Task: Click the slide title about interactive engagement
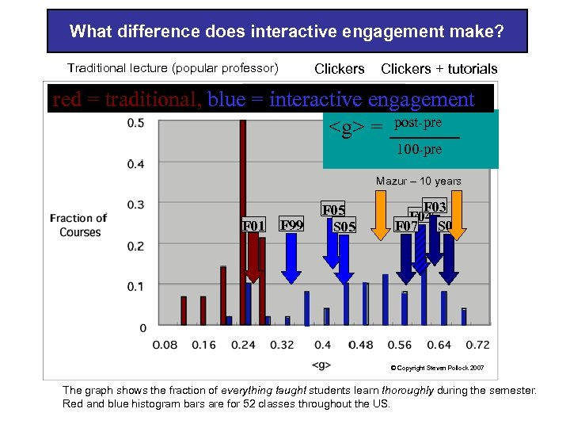[287, 32]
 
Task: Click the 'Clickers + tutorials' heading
[439, 69]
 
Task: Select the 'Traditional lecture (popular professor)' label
[173, 69]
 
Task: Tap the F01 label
[253, 226]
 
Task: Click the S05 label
[344, 227]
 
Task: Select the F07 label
[406, 226]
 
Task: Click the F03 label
[435, 207]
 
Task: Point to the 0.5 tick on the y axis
[135, 123]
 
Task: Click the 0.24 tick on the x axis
[243, 345]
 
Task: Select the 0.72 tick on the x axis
[477, 345]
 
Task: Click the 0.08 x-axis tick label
[165, 345]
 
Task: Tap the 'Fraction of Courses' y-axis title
[78, 225]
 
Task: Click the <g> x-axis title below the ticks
[321, 365]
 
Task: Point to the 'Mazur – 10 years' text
[418, 182]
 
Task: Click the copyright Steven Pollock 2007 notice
[443, 368]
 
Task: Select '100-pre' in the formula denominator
[419, 149]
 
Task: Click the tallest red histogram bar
[242, 222]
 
